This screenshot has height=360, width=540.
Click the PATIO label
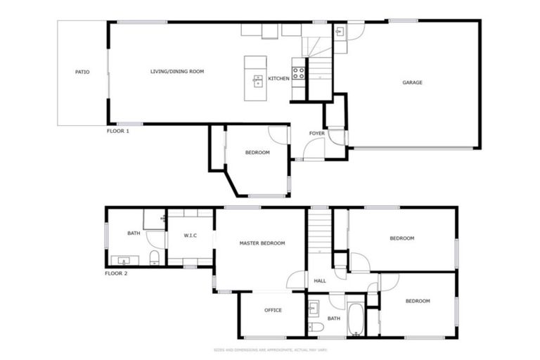pos(82,72)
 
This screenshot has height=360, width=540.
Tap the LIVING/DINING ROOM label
pos(177,72)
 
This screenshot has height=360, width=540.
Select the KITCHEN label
pos(278,78)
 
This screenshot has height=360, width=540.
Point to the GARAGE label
pos(412,82)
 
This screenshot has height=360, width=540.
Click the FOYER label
pos(317,133)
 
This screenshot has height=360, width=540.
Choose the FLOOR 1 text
pos(117,131)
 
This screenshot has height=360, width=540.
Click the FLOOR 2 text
pos(116,273)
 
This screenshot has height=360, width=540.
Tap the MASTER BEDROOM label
pos(262,243)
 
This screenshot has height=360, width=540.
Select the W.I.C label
pos(190,235)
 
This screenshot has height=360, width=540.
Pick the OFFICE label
pos(273,310)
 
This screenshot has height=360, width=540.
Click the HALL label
pos(320,281)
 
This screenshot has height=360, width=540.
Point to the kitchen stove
pos(298,72)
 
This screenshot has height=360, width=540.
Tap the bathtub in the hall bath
pos(355,318)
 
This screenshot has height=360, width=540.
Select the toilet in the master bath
pos(154,257)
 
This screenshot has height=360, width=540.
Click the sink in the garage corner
pos(340,32)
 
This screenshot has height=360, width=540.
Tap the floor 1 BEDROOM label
pos(257,153)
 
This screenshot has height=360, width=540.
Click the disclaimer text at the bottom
pos(270,349)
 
